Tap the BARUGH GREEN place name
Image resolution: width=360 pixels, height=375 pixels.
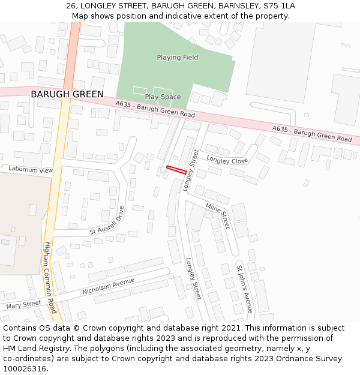tap(67, 94)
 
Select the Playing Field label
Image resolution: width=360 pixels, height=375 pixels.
tap(177, 58)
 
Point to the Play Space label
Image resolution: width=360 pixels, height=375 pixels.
tap(163, 97)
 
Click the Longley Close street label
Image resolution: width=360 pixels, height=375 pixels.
tap(227, 160)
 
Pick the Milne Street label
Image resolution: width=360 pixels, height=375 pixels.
tap(218, 215)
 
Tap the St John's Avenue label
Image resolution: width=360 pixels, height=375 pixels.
tap(245, 289)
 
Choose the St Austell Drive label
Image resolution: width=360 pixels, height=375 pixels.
tap(107, 221)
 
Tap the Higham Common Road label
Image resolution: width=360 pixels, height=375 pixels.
tap(50, 277)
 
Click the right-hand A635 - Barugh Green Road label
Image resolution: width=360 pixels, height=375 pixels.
tap(312, 134)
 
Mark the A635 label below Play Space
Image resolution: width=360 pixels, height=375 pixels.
tap(155, 110)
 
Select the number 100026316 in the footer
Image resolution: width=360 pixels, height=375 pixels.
tap(25, 368)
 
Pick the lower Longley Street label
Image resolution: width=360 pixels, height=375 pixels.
tap(194, 278)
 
